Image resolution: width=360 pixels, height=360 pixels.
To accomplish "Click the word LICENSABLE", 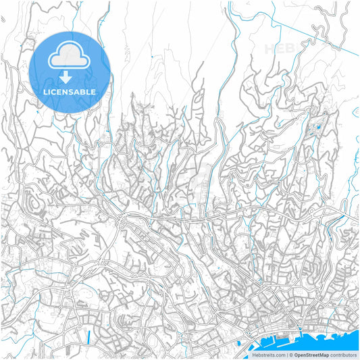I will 70,92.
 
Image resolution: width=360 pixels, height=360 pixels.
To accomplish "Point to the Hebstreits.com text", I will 269,355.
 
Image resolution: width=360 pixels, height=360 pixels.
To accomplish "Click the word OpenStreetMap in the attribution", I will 311,355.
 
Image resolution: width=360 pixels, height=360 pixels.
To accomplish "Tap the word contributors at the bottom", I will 344,355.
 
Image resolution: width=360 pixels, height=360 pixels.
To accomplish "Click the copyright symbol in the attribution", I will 290,355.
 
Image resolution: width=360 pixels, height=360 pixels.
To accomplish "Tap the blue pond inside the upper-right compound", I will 317,126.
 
